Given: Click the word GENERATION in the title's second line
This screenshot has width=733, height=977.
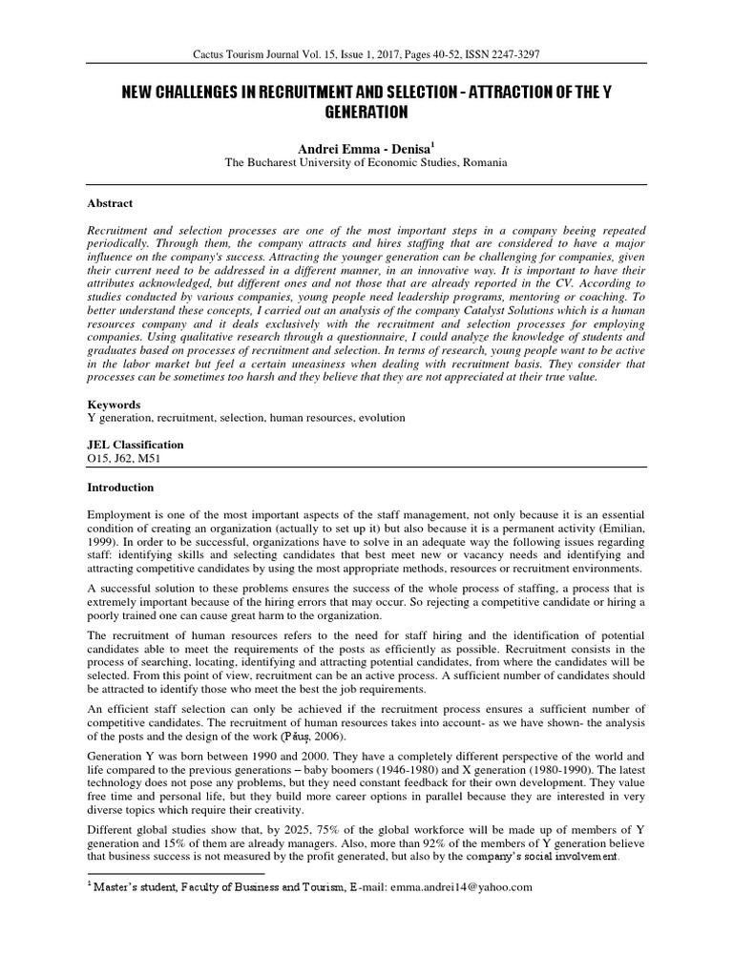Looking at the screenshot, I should [x=366, y=113].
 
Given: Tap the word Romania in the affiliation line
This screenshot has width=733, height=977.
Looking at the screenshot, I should [x=484, y=163].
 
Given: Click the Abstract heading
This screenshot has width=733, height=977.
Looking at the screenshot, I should [x=110, y=203].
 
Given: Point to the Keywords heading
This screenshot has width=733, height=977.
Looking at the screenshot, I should [x=114, y=405].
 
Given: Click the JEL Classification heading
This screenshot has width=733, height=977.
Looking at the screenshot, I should [x=136, y=445].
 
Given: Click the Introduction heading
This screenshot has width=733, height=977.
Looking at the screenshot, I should [x=120, y=488].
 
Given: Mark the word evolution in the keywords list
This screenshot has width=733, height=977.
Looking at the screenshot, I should [x=381, y=418].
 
